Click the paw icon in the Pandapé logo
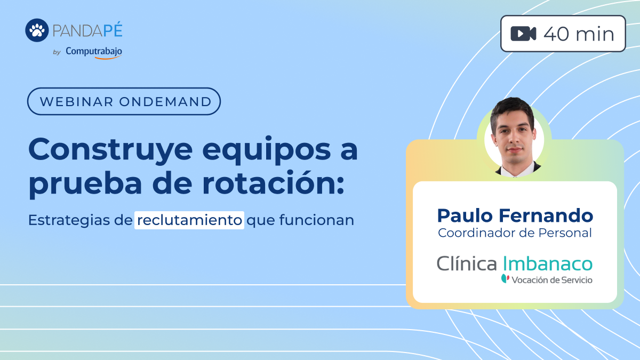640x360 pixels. click(37, 30)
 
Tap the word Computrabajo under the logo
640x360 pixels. click(94, 52)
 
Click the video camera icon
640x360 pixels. click(523, 34)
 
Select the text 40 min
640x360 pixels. click(579, 34)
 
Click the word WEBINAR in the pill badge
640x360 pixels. click(77, 102)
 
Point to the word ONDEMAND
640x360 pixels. click(165, 102)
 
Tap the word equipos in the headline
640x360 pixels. click(267, 151)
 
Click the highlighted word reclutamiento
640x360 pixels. click(189, 220)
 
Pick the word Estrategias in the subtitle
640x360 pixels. click(69, 220)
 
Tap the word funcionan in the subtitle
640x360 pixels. click(317, 220)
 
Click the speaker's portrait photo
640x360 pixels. click(514, 137)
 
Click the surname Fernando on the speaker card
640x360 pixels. click(546, 215)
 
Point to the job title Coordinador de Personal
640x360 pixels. click(515, 233)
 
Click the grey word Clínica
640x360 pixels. click(467, 263)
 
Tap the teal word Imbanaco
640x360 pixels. click(548, 263)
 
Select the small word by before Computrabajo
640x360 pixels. click(57, 52)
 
